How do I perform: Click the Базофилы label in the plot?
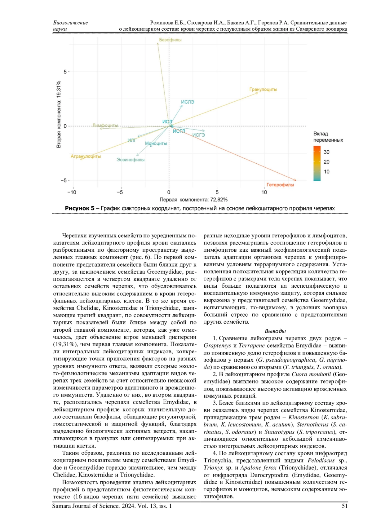point(170,40)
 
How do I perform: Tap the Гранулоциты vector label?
point(263,89)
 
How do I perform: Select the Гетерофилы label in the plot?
point(280,185)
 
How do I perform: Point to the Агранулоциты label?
point(86,156)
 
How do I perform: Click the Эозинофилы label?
point(131,160)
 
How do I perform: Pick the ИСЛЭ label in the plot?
point(188,102)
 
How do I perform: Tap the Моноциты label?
point(156,144)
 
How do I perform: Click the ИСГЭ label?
point(198,135)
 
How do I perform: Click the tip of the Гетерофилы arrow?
point(296,180)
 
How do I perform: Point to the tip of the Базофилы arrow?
point(157,43)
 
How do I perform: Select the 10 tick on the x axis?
point(264,192)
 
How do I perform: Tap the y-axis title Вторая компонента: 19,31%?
point(59,114)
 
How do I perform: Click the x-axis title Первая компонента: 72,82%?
point(193,200)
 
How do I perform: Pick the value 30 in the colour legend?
point(326,152)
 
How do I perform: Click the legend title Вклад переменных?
point(328,137)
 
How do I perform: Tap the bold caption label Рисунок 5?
point(79,208)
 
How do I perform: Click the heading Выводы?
point(275,331)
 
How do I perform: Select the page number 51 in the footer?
point(344,506)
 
